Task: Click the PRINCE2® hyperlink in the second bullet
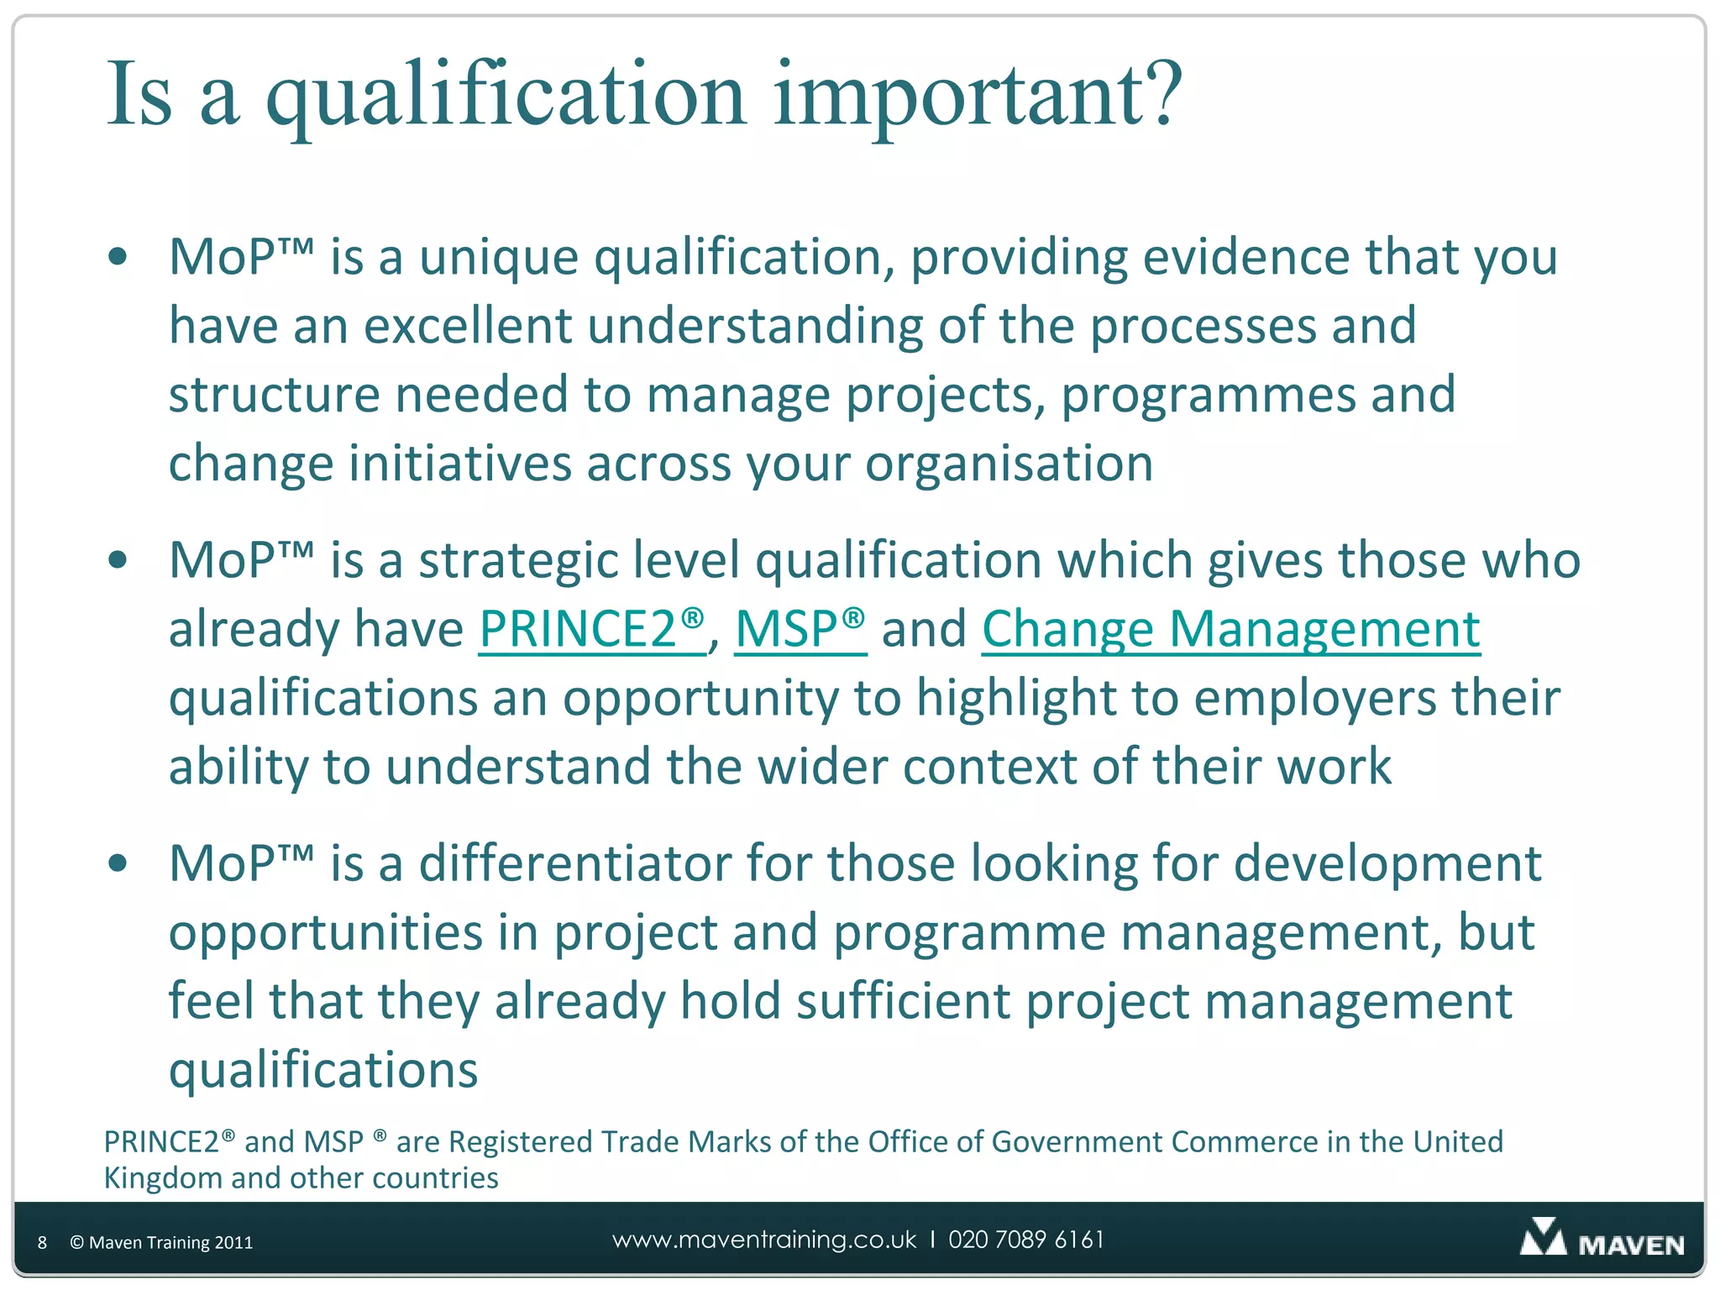591,629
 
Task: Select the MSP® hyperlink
800,629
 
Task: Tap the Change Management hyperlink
1230,629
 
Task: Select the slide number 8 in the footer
42,1243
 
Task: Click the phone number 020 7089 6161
1026,1240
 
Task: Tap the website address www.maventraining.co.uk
764,1240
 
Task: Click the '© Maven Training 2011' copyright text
161,1243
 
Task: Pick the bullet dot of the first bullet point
118,257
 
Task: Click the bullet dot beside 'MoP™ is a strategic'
118,560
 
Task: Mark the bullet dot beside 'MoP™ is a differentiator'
118,863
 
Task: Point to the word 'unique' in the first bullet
498,259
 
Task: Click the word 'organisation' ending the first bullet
1009,464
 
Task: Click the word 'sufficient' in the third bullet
903,1001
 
